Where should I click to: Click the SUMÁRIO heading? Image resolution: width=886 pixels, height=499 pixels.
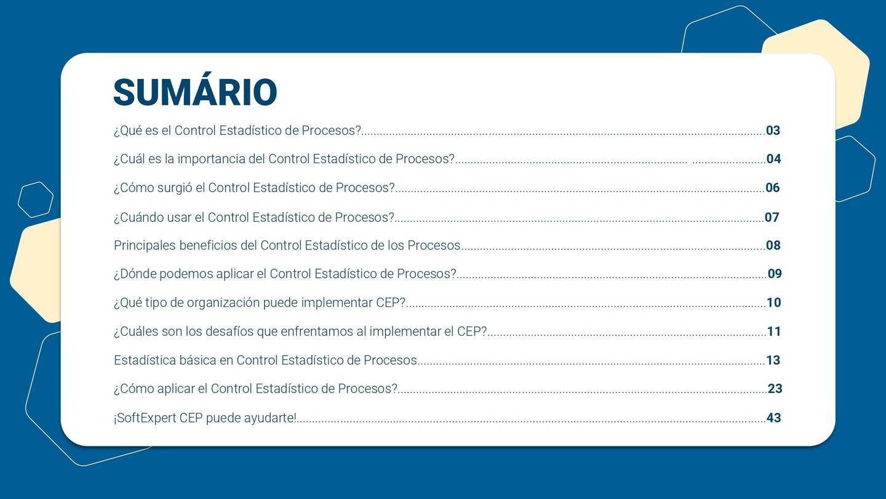pos(195,92)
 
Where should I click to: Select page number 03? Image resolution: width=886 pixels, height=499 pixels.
pos(773,131)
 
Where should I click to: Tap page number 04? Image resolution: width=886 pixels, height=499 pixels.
pos(773,159)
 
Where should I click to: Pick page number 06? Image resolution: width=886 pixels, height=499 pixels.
pos(772,188)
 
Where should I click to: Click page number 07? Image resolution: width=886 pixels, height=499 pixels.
pos(772,217)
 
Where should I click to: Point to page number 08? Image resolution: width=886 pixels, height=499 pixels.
pos(773,246)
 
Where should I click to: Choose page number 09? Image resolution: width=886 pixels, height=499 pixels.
pos(775,274)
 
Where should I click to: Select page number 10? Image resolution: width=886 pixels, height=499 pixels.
pos(773,302)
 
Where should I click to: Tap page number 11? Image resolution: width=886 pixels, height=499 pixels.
pos(773,331)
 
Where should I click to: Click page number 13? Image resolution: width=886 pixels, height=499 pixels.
pos(773,360)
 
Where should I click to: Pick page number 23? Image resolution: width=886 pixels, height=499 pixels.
pos(775,389)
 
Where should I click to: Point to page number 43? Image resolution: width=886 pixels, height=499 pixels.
pos(773,418)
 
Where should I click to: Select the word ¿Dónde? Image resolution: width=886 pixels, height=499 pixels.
pos(135,274)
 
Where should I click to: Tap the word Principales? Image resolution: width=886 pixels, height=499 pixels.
pos(145,246)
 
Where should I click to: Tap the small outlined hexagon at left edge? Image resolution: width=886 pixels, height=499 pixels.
pos(35,200)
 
